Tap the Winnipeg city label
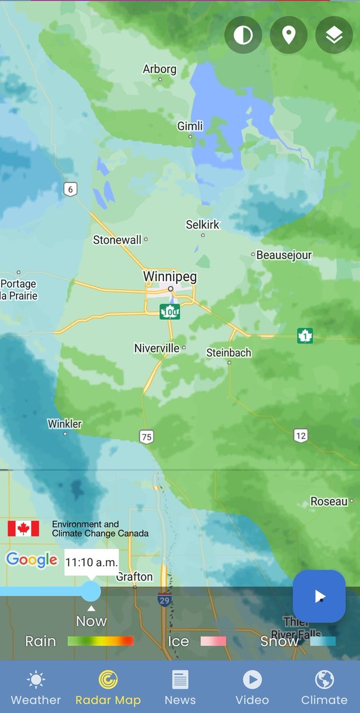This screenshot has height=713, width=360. (x=169, y=277)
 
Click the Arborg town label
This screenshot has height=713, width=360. (x=159, y=70)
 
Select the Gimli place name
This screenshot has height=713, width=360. (x=190, y=126)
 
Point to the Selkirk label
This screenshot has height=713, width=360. (x=203, y=225)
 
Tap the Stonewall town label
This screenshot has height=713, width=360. (x=118, y=240)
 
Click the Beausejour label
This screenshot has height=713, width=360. (x=284, y=255)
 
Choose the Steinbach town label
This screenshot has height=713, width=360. (x=229, y=352)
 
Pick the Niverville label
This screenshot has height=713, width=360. (x=157, y=348)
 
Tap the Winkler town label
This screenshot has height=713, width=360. (x=65, y=424)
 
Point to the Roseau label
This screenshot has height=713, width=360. (x=329, y=501)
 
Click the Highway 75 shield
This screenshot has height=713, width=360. (x=146, y=437)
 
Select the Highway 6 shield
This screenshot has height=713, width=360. (x=71, y=190)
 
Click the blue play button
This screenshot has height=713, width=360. (x=319, y=596)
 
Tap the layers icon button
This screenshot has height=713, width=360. (x=334, y=36)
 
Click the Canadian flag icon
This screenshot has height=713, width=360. (x=23, y=528)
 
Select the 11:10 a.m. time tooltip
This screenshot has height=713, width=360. (x=91, y=561)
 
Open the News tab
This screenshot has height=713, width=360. (x=180, y=687)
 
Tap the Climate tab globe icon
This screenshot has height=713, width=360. (x=324, y=679)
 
